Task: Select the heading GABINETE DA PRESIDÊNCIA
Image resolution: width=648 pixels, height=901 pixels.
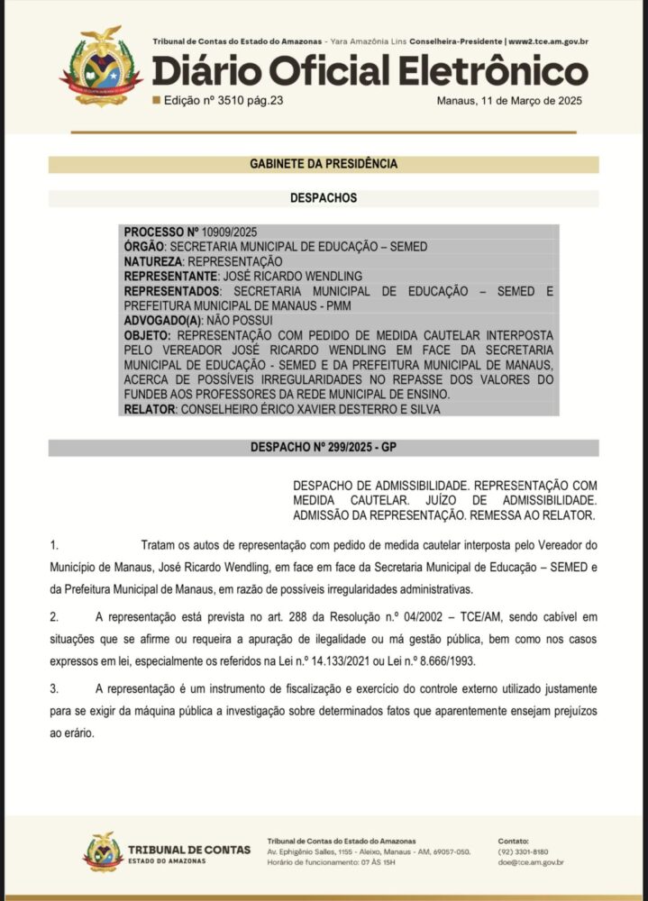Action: click(324, 164)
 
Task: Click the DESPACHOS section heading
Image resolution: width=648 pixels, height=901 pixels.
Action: click(324, 197)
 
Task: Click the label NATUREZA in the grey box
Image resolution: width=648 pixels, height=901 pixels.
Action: click(152, 261)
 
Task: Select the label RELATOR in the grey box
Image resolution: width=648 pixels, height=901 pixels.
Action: click(149, 409)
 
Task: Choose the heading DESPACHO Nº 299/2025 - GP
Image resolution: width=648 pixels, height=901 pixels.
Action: click(324, 448)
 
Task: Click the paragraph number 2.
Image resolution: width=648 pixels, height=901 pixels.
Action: click(54, 616)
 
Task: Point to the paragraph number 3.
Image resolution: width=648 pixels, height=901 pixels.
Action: click(54, 688)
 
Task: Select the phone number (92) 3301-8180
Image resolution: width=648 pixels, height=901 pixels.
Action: click(523, 851)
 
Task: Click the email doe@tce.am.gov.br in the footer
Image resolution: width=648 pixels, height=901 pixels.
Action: click(531, 862)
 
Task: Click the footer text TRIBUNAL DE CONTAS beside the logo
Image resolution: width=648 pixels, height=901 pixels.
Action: click(183, 849)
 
